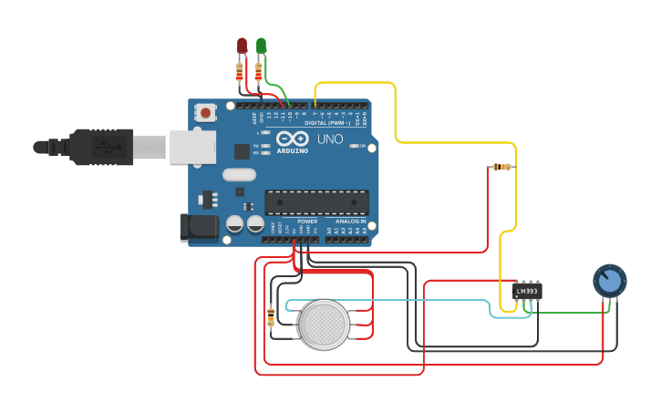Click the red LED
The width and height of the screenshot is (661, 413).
(242, 46)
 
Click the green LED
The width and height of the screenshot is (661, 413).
(262, 46)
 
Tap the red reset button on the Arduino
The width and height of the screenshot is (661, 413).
(207, 113)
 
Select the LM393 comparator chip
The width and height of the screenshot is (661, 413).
(527, 291)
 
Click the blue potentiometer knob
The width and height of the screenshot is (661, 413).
(609, 281)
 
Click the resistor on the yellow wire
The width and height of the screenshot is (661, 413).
(501, 167)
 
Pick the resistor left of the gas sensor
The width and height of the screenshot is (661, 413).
(270, 316)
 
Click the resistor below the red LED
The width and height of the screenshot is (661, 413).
(240, 69)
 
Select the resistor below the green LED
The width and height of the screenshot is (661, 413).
(260, 69)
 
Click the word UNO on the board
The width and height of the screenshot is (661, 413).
(329, 139)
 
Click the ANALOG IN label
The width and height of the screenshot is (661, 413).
(350, 222)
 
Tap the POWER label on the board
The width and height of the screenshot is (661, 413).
(307, 222)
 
